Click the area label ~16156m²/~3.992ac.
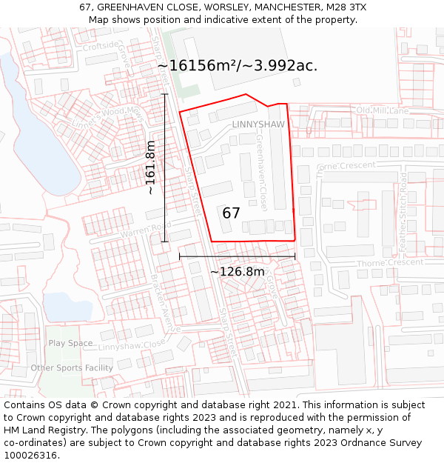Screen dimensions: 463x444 tap(237, 65)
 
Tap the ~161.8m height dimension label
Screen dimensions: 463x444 tap(151, 167)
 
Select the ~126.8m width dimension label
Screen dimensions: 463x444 tap(237, 272)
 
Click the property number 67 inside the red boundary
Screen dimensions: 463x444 tap(231, 213)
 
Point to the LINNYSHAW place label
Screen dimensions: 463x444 tap(258, 124)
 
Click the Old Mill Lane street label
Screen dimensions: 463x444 tap(383, 111)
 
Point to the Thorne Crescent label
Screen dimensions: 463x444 tap(391, 263)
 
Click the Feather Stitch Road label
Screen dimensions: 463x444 tap(403, 210)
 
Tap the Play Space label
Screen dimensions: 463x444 tap(70, 343)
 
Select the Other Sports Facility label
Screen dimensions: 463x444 tap(72, 368)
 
